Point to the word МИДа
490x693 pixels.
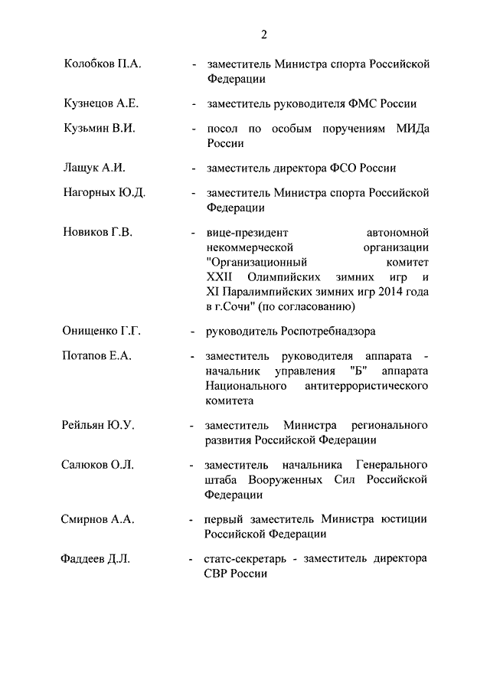click(411, 129)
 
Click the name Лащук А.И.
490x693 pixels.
click(93, 167)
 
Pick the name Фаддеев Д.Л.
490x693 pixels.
click(95, 559)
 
